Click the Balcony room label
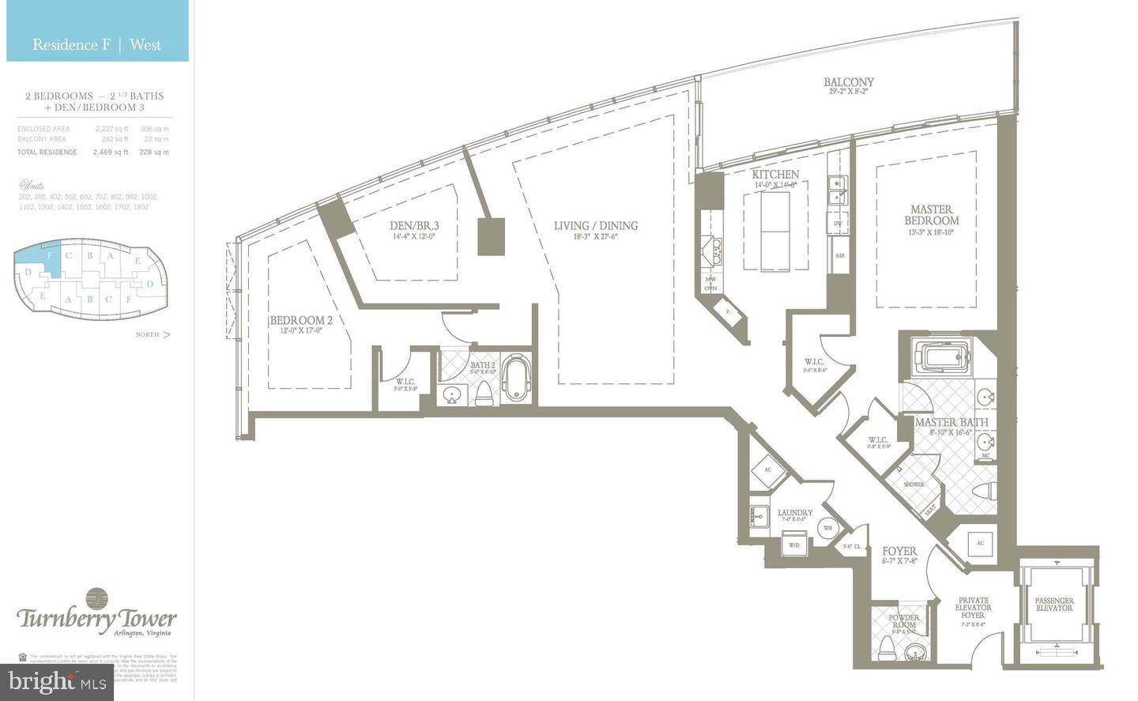click(x=849, y=82)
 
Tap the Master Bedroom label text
click(x=932, y=216)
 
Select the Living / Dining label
click(x=595, y=226)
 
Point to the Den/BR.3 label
click(x=414, y=226)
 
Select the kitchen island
click(x=775, y=230)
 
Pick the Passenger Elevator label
click(x=1054, y=605)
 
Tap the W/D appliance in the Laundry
click(x=793, y=545)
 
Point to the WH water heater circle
click(x=827, y=528)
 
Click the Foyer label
click(x=899, y=551)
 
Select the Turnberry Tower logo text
click(x=96, y=618)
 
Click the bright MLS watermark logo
click(x=57, y=680)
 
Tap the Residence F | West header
click(x=96, y=44)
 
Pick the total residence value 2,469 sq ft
click(x=110, y=152)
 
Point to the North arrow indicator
click(x=153, y=334)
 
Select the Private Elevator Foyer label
click(x=972, y=608)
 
